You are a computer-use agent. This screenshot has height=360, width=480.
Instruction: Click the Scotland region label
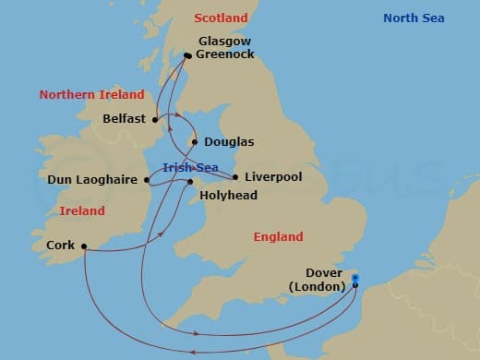pos(222,18)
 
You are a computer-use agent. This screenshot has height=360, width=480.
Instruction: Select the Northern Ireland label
pos(91,94)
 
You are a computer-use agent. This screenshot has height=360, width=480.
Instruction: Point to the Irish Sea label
pos(189,166)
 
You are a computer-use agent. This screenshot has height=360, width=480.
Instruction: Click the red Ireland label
pos(81,210)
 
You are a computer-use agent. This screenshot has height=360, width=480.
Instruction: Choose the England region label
pos(279,237)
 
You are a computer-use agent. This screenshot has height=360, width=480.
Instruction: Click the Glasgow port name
pos(226,41)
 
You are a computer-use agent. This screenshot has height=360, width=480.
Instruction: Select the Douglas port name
pos(229,142)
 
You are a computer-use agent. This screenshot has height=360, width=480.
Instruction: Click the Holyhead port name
pos(227,196)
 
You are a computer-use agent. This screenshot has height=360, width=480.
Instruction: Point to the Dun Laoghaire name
pos(92,181)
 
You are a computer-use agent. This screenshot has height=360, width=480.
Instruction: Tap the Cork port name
pos(60,246)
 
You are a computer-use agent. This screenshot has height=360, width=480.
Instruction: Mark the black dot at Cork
pos(83,246)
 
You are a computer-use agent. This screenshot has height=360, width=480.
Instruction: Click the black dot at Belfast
pos(156,119)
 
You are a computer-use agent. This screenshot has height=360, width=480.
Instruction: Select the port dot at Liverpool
pos(236,176)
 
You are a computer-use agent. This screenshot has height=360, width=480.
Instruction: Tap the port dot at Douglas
pos(194,142)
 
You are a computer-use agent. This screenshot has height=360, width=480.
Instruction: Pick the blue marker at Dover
pos(355,278)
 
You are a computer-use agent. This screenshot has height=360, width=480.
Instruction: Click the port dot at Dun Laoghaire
pos(149,181)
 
